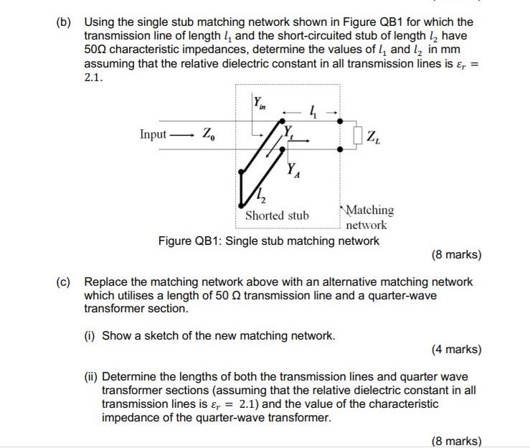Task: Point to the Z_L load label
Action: click(x=374, y=136)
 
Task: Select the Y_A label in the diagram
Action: click(x=293, y=172)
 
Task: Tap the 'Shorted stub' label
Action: click(x=277, y=215)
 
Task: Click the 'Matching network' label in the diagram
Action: click(x=368, y=217)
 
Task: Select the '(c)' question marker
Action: click(x=65, y=281)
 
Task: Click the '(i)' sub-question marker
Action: click(x=90, y=335)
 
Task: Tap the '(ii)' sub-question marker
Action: click(x=92, y=376)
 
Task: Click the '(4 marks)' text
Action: click(x=456, y=350)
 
